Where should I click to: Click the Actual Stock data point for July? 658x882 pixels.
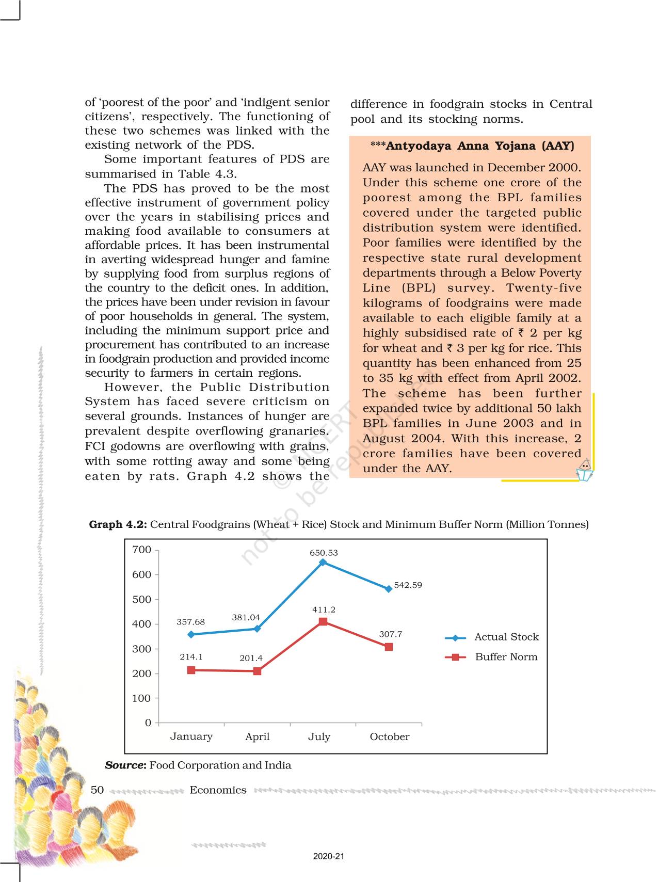(323, 562)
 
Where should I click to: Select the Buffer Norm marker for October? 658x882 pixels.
(389, 647)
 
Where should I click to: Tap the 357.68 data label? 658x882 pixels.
(190, 622)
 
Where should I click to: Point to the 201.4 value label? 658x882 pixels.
(251, 658)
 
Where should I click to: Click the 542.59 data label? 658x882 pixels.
(408, 585)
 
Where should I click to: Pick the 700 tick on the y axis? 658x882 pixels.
(142, 550)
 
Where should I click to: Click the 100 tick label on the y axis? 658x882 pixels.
(142, 698)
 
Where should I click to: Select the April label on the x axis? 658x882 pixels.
(257, 736)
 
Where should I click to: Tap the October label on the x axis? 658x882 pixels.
(389, 736)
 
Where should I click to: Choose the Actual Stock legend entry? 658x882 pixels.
(492, 637)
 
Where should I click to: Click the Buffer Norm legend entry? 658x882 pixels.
(491, 657)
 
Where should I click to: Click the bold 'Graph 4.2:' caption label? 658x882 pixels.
(118, 524)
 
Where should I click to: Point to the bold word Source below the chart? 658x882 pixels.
(125, 765)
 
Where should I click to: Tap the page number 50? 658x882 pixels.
(97, 790)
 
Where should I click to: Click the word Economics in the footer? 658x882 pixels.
(218, 790)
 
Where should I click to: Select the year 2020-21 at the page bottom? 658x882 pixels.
(328, 856)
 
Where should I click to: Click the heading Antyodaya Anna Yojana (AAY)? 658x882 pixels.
(472, 146)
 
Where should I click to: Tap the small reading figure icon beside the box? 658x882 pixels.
(585, 471)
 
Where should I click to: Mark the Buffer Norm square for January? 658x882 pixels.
(191, 670)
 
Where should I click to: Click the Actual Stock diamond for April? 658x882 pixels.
(257, 629)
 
